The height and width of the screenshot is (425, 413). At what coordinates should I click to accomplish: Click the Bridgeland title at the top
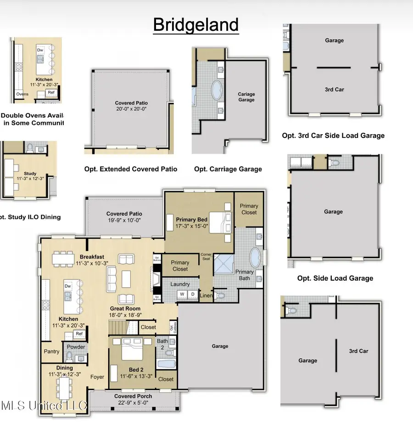(196, 25)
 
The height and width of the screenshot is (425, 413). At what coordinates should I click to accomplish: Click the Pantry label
(52, 351)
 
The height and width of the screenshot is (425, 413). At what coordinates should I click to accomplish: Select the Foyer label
(97, 377)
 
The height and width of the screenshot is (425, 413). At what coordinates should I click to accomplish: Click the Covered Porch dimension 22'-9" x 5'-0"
(133, 402)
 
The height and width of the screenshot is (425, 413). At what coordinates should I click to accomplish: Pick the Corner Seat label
(206, 256)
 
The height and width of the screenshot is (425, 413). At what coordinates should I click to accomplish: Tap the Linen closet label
(206, 296)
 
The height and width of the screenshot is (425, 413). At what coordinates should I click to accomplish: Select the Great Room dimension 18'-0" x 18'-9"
(125, 315)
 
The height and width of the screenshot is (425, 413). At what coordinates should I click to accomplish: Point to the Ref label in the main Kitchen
(79, 334)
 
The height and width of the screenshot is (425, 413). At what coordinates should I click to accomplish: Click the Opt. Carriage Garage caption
(228, 169)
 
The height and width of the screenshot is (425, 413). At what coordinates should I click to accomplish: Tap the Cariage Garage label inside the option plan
(246, 97)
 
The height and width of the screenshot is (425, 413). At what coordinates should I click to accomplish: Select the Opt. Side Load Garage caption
(335, 278)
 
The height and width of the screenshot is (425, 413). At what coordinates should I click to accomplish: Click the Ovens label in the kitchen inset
(22, 94)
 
